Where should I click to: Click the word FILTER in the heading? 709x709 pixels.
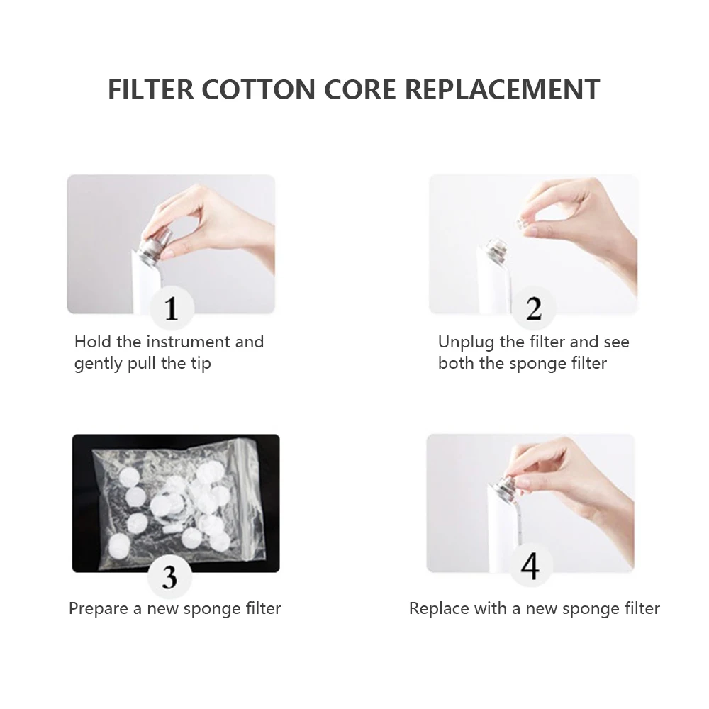(150, 89)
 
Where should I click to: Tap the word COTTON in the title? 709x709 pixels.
(259, 89)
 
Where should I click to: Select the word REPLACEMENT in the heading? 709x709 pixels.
(503, 89)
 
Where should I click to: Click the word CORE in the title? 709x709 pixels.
(360, 89)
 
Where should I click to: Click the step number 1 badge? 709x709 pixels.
(172, 309)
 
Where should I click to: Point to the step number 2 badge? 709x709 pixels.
(534, 309)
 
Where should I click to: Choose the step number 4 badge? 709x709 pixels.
(530, 566)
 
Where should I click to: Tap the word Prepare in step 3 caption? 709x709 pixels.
(99, 609)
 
